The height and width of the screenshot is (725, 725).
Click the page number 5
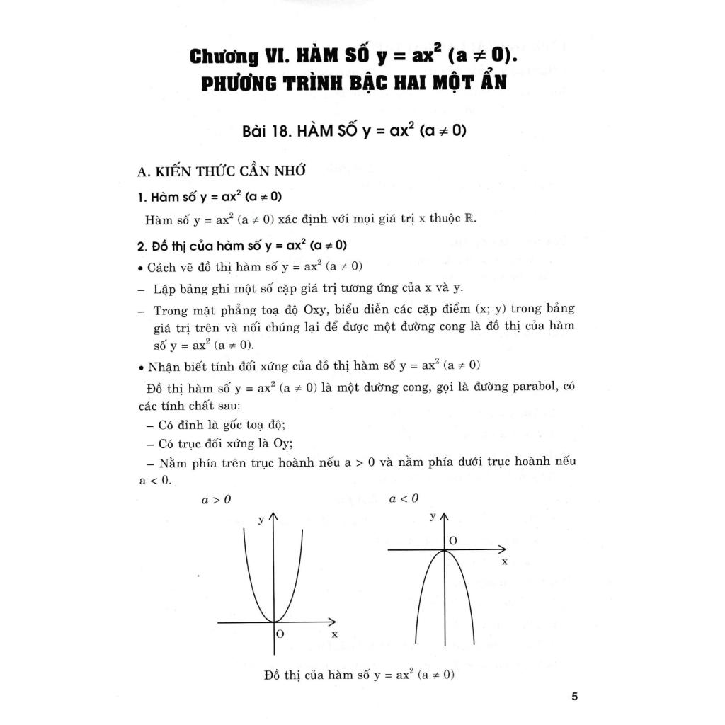(x=574, y=697)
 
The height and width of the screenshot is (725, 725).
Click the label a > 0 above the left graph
(x=216, y=500)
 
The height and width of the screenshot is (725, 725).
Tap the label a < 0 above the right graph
(x=404, y=498)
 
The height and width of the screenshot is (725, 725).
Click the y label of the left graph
(x=261, y=520)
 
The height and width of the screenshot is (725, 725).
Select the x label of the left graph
(x=335, y=634)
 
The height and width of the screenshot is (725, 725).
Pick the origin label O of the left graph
(x=280, y=634)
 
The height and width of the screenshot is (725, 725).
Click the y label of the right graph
(x=433, y=517)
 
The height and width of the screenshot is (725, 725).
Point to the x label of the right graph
(x=505, y=561)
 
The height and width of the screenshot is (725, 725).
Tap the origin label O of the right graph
(x=453, y=541)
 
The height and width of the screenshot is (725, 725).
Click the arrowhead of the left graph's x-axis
(x=331, y=622)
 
